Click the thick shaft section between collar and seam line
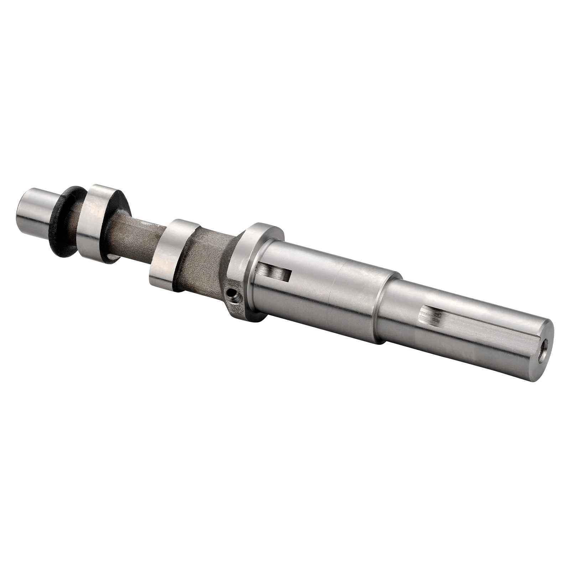pyautogui.click(x=303, y=285)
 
